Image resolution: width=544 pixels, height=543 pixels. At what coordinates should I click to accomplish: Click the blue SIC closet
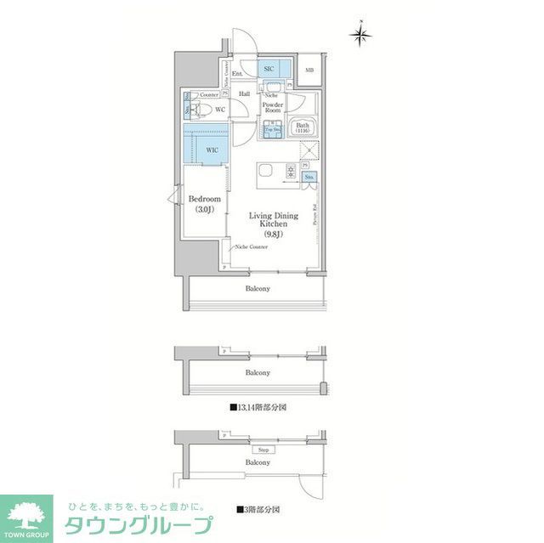[x=269, y=69]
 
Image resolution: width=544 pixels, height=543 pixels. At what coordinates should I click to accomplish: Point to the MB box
[x=309, y=71]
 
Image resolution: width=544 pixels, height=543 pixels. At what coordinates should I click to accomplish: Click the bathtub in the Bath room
[x=302, y=129]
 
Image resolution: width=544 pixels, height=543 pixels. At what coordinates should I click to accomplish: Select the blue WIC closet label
[x=212, y=150]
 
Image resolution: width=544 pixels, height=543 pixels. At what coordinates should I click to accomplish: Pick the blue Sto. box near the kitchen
[x=309, y=177]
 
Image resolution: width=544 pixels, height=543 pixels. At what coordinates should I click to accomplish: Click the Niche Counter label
[x=252, y=246]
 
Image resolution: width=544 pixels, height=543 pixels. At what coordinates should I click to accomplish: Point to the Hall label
[x=244, y=94]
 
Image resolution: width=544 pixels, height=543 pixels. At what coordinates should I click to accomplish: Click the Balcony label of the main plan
[x=258, y=289]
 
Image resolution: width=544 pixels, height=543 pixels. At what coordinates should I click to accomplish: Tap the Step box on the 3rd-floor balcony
[x=263, y=450]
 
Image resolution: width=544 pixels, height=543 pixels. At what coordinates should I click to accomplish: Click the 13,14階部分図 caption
[x=258, y=408]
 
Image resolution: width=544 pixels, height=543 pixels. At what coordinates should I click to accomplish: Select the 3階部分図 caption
[x=258, y=510]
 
